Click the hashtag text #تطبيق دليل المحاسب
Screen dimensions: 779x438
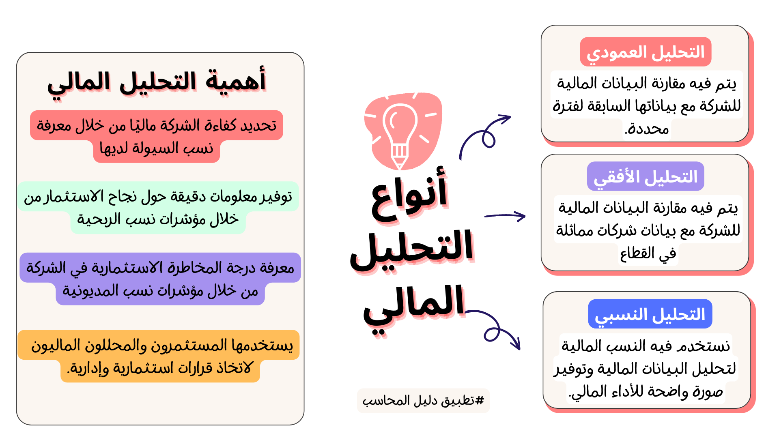[x=423, y=401]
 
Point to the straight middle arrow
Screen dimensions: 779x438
[x=505, y=216]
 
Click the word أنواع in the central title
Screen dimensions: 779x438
[x=409, y=196]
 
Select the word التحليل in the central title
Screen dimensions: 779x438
[x=412, y=249]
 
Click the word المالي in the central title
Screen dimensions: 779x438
[x=414, y=307]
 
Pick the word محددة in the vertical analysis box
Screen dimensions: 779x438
[x=647, y=129]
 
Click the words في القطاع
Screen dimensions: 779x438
[x=648, y=254]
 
